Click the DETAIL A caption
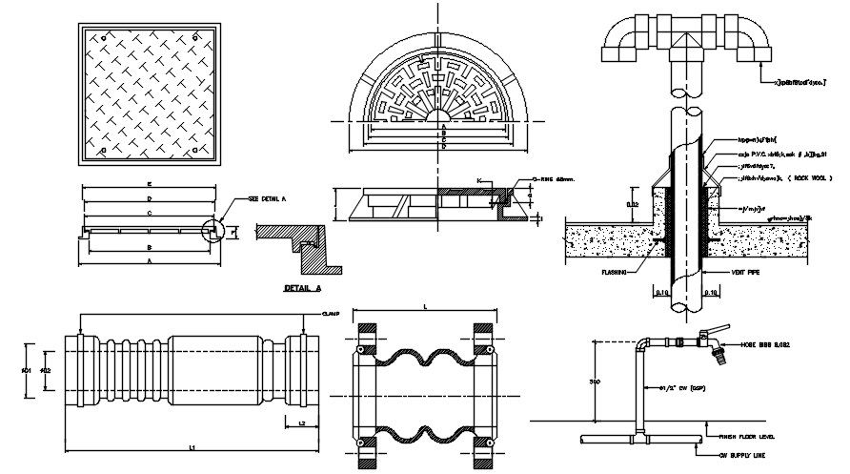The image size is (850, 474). click(303, 286)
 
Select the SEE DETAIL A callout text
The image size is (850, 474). click(267, 198)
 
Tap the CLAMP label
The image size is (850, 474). click(331, 314)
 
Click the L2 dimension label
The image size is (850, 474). click(301, 421)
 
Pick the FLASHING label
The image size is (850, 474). click(615, 271)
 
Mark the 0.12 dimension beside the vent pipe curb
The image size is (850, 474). click(633, 204)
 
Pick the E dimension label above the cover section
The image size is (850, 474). click(150, 182)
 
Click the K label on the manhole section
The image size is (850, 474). click(479, 178)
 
